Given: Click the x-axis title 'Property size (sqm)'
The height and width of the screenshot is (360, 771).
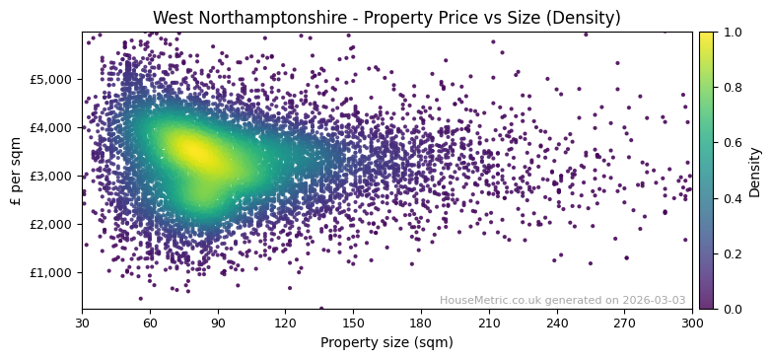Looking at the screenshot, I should pyautogui.click(x=386, y=343).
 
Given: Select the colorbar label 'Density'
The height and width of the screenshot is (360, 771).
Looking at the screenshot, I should pyautogui.click(x=755, y=171).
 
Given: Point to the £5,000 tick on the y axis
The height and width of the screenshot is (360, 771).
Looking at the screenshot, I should pyautogui.click(x=55, y=79).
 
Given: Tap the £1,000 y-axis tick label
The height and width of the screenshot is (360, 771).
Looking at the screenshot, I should pyautogui.click(x=55, y=272).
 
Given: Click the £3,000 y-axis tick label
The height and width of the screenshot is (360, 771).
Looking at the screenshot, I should pyautogui.click(x=55, y=176).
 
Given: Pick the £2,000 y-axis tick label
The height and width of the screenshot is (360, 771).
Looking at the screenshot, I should pyautogui.click(x=55, y=224).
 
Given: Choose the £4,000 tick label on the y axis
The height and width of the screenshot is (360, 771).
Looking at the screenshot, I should pyautogui.click(x=55, y=127).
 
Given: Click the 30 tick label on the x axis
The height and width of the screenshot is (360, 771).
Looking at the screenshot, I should pyautogui.click(x=82, y=323).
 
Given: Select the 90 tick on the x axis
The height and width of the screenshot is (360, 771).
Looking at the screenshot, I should pyautogui.click(x=218, y=323).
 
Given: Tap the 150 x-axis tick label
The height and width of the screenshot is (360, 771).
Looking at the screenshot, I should pyautogui.click(x=353, y=323).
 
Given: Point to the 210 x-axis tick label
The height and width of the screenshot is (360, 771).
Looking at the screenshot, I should pyautogui.click(x=489, y=323).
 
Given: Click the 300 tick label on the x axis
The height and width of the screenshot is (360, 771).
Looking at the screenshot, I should pyautogui.click(x=692, y=323).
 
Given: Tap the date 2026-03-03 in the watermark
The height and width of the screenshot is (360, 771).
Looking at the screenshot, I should pyautogui.click(x=657, y=300).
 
